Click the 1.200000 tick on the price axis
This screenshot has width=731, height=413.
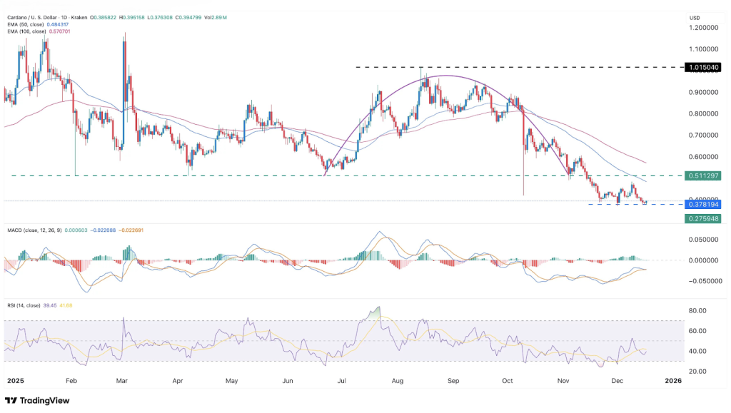703,28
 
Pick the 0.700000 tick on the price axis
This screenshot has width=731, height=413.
703,135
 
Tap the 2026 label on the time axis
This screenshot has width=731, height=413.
672,381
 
